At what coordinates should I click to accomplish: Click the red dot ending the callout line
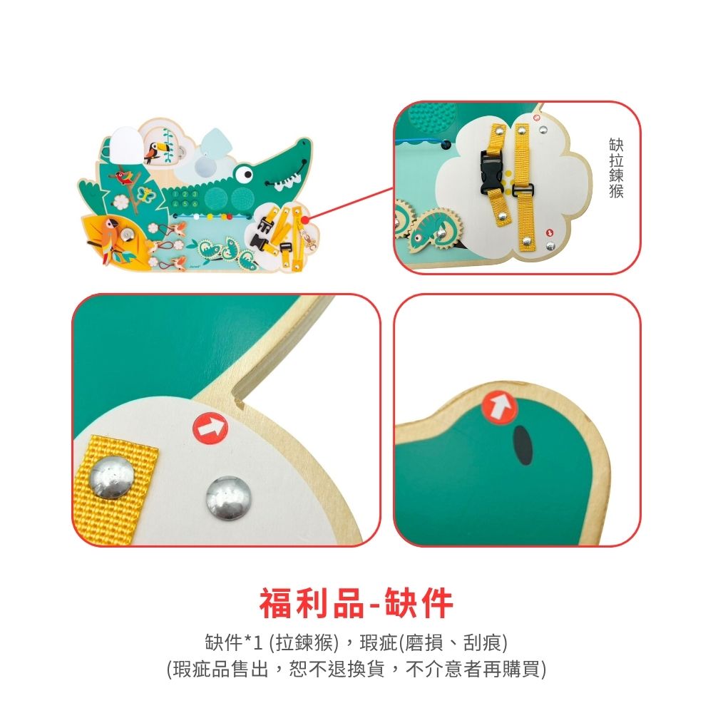304,220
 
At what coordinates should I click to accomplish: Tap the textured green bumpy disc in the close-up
428,118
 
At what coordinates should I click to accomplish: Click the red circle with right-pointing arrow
210,428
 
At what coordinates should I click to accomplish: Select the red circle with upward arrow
500,407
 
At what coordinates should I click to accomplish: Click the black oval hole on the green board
523,445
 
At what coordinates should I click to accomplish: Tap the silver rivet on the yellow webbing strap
111,477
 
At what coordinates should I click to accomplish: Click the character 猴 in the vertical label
616,191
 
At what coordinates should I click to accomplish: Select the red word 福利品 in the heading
312,604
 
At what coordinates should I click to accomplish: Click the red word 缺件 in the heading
419,604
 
